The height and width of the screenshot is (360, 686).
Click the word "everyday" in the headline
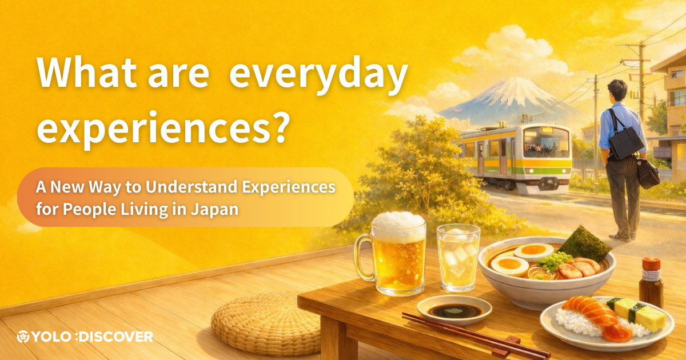pyautogui.click(x=318, y=75)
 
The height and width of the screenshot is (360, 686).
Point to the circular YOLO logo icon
pyautogui.click(x=23, y=337)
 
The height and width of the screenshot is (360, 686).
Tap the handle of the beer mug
pyautogui.click(x=364, y=257)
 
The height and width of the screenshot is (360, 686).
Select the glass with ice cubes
pyautogui.click(x=458, y=258)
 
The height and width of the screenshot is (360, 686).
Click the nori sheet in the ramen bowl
pyautogui.click(x=584, y=244)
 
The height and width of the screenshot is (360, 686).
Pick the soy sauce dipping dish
pyautogui.click(x=454, y=310)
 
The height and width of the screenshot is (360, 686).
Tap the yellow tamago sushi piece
pyautogui.click(x=637, y=314)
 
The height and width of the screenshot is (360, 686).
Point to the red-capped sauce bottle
pyautogui.click(x=651, y=282)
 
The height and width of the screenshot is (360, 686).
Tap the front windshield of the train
pyautogui.click(x=547, y=143)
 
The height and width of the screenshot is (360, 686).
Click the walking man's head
pyautogui.click(x=617, y=90)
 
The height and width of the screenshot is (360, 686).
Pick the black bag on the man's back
pyautogui.click(x=627, y=142)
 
